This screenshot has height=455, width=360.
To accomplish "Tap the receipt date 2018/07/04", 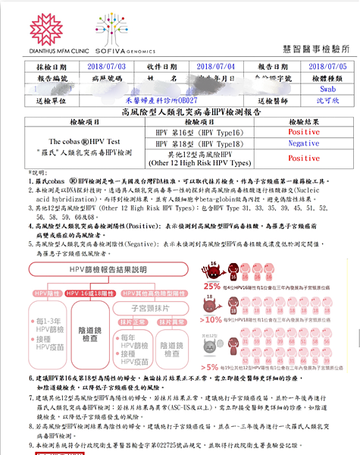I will (x=206, y=67).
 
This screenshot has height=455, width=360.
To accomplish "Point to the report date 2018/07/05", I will (x=311, y=67).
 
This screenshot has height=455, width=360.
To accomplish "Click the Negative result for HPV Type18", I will (x=304, y=143).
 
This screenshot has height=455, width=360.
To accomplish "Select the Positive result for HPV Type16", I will (x=304, y=132).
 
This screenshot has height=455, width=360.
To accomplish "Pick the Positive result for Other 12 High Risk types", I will (x=304, y=158).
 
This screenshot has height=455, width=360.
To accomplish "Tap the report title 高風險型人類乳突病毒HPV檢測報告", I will (x=180, y=111).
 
